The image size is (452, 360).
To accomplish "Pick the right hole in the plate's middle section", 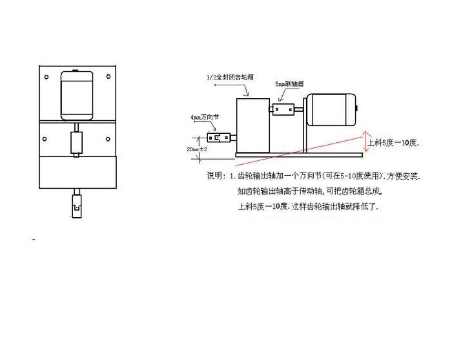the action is (x=107, y=138).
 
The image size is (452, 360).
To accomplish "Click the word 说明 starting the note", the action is (x=214, y=176).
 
